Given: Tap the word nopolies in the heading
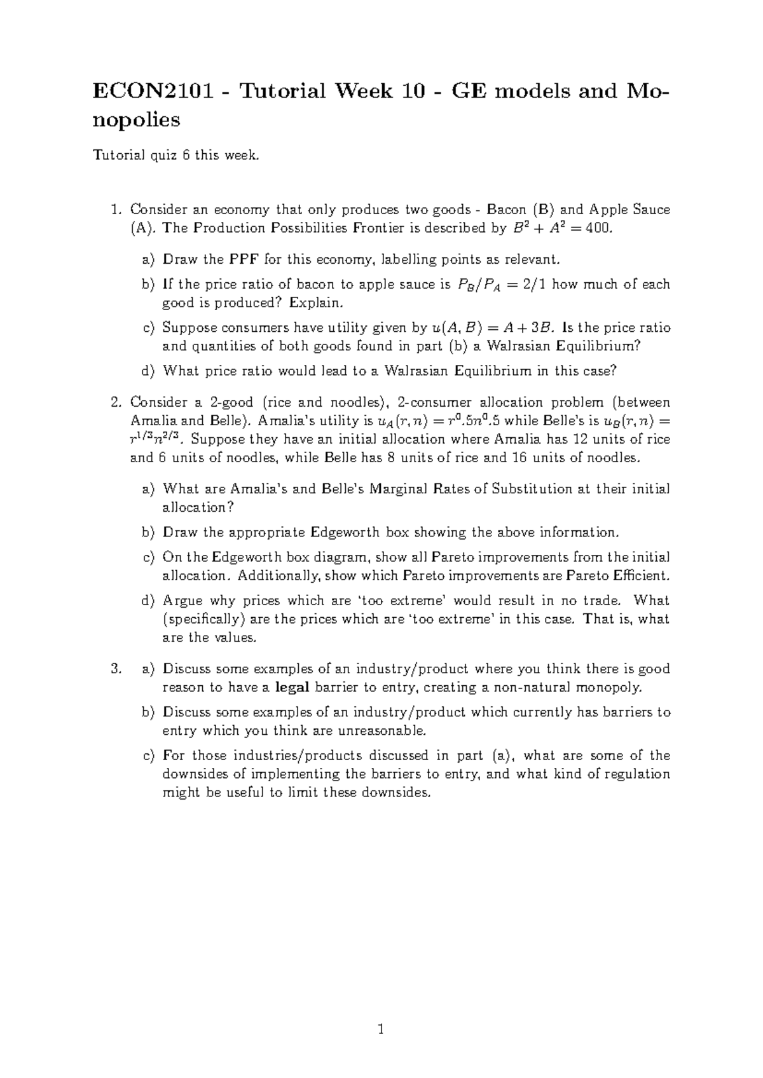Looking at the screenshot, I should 137,119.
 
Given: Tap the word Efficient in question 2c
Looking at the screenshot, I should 642,576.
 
